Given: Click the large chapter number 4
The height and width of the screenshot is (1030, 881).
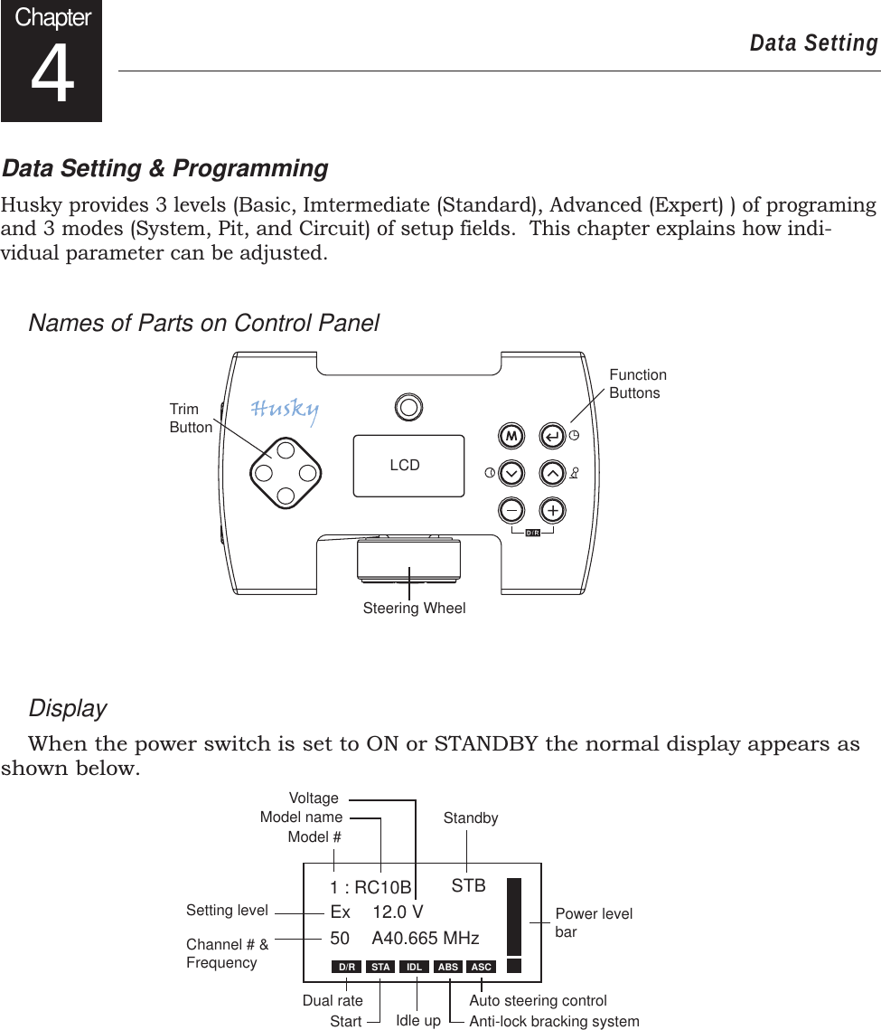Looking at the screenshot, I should (52, 78).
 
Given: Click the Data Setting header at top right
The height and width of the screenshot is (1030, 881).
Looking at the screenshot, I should (813, 43).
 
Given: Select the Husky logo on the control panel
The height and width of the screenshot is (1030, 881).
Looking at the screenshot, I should (285, 411).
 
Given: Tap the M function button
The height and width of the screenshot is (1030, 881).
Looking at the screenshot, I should (511, 436).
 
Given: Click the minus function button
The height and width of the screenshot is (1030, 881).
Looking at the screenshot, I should (511, 510).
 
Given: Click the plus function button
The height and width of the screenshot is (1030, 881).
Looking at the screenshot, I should (552, 510).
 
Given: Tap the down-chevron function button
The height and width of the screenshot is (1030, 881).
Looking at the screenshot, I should (511, 473).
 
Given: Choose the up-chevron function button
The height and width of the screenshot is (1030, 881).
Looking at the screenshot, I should (552, 473).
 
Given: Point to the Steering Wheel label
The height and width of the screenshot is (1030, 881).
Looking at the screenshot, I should (414, 609).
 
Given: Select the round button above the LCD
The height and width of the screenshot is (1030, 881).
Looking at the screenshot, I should (409, 407).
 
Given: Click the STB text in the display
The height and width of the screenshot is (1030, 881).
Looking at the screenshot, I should (468, 886).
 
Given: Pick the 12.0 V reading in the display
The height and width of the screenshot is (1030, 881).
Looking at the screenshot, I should (398, 912).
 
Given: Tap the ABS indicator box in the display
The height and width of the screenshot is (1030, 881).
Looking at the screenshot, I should (448, 967).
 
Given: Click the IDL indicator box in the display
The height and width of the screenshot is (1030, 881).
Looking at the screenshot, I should (414, 967).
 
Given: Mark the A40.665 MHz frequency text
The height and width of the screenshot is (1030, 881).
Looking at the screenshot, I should (425, 939).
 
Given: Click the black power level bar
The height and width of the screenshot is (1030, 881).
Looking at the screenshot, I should (515, 916).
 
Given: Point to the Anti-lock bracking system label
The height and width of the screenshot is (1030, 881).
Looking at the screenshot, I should (553, 1022).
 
